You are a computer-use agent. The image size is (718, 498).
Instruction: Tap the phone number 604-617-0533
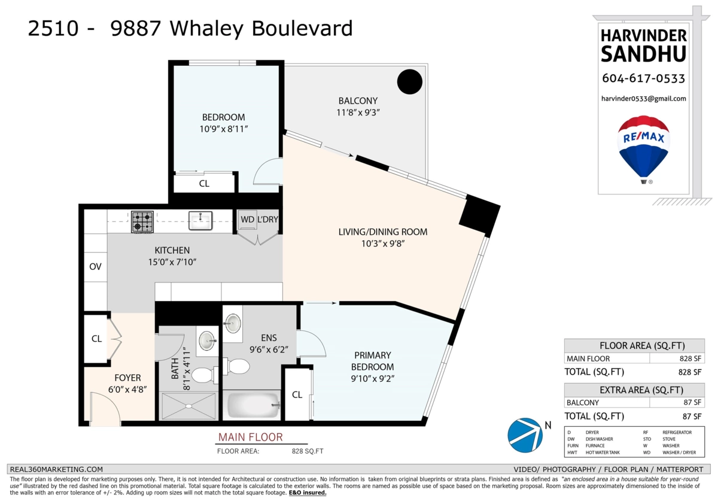point(643,78)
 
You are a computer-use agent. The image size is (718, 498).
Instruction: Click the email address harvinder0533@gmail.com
point(644,99)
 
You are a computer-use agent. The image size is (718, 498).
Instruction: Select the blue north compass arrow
point(525,435)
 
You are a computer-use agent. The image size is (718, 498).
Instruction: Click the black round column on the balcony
point(410,82)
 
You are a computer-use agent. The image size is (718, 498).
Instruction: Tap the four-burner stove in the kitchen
point(142,221)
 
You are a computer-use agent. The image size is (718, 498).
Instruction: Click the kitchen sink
point(200,220)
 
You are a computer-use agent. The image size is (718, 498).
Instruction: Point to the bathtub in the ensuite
point(252,405)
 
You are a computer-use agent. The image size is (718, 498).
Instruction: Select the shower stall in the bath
point(188,406)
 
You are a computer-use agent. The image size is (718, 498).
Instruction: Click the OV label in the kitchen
point(95,266)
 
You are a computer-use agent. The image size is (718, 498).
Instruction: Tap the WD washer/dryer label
point(248,219)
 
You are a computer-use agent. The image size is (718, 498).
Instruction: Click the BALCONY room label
point(358,101)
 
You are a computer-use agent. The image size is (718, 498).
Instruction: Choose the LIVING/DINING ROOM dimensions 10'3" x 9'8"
point(383,244)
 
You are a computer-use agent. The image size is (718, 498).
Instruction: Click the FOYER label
point(127,378)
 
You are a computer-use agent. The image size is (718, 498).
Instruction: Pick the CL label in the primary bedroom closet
point(297,394)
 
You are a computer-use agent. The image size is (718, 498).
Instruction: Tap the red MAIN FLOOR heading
point(251,437)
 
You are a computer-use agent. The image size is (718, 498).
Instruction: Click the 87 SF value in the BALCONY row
point(692,402)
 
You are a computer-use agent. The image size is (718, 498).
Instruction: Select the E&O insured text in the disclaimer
point(308,493)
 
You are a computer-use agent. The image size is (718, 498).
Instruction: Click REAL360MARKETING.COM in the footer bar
point(56,469)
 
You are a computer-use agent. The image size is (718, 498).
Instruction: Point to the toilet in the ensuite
point(236,366)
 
